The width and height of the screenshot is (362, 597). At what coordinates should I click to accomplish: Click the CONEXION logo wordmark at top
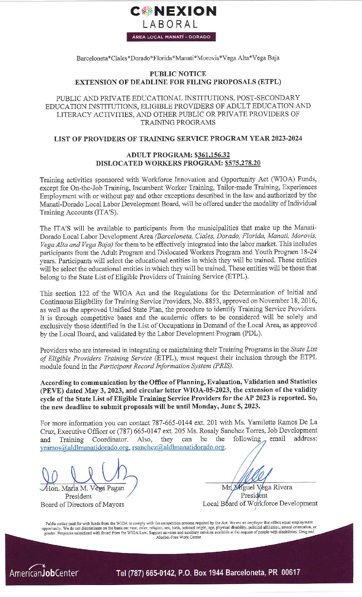[x=173, y=11]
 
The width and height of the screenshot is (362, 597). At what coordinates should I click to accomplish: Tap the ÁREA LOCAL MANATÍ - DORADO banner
[x=171, y=37]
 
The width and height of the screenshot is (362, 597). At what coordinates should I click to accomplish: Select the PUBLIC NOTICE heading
[x=178, y=74]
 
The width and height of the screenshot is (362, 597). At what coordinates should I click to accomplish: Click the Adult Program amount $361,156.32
[x=212, y=155]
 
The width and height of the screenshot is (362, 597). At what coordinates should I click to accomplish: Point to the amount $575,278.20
[x=243, y=163]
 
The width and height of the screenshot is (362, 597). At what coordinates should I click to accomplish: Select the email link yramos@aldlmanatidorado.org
[x=84, y=447]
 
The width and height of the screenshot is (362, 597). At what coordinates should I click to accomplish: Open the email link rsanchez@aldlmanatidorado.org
[x=178, y=447]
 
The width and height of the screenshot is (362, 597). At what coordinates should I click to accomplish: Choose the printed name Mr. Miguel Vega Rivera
[x=257, y=487]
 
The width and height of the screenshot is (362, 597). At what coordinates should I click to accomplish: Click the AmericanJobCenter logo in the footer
[x=44, y=573]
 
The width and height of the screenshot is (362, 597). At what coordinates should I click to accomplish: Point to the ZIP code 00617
[x=290, y=572]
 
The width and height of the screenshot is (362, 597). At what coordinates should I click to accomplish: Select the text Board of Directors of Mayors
[x=82, y=504]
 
